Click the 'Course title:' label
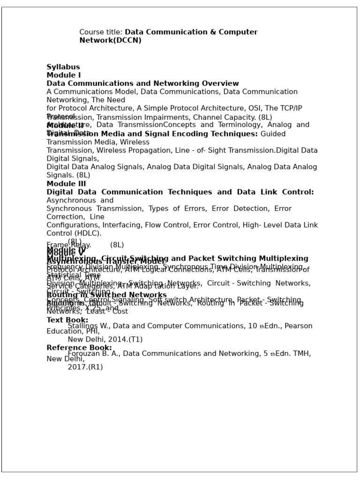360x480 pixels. click(x=101, y=32)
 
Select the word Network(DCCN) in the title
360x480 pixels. click(x=110, y=41)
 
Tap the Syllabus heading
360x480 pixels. click(x=63, y=67)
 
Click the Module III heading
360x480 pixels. click(x=66, y=184)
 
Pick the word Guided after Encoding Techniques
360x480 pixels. click(x=273, y=134)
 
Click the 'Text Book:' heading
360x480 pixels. click(x=67, y=320)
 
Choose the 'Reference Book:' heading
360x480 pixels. click(x=79, y=348)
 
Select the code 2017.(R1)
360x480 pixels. click(x=85, y=367)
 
